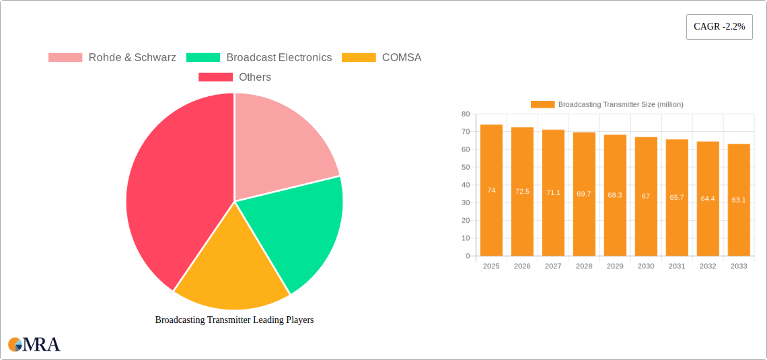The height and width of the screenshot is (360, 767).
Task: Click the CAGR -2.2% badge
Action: (719, 26)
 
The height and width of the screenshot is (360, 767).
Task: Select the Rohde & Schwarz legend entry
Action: (112, 58)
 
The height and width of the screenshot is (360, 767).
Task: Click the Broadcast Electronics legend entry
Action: (259, 58)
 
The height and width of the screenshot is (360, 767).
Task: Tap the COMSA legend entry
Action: (381, 58)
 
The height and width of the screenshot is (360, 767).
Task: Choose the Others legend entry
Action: (235, 77)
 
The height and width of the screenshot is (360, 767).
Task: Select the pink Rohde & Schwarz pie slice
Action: (279, 148)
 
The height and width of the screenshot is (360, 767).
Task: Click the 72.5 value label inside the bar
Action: (522, 191)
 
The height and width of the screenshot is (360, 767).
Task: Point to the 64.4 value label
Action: (708, 199)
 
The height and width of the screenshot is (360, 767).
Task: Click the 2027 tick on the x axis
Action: (553, 266)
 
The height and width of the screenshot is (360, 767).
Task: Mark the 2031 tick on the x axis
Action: (677, 266)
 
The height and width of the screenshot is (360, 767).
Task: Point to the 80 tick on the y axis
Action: (466, 114)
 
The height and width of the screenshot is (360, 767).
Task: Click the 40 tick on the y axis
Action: (466, 185)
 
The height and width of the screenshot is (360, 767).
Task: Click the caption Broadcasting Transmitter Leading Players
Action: (234, 320)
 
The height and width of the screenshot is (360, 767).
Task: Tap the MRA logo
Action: (34, 345)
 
